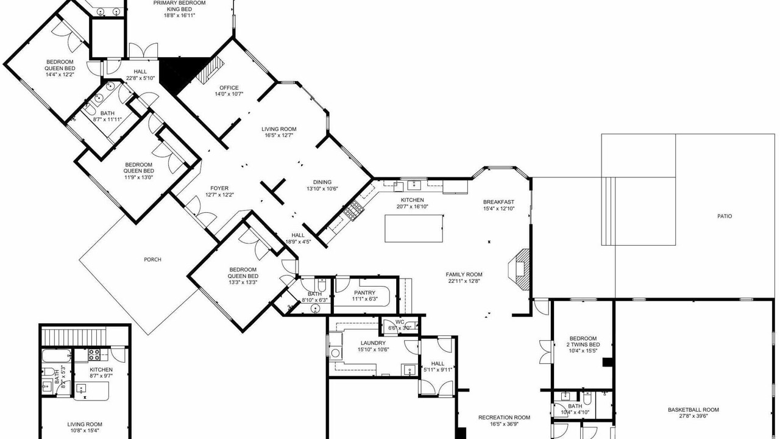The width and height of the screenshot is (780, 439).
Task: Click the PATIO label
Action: coord(725,216)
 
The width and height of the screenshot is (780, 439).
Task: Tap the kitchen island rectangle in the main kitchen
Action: coord(414,229)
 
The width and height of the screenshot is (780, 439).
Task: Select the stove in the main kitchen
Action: coord(354,210)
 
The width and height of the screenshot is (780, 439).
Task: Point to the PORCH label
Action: coord(152,260)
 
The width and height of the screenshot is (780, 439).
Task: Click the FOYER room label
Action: coord(219,188)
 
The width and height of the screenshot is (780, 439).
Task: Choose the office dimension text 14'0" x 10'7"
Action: coord(229,94)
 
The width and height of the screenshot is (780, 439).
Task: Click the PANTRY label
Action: coord(364,293)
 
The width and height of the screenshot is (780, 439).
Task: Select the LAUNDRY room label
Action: coord(373,343)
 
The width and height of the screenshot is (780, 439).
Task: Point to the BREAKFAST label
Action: coord(498,202)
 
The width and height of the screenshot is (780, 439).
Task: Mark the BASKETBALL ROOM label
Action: coord(693,410)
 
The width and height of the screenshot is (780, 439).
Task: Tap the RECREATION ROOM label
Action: coord(504,418)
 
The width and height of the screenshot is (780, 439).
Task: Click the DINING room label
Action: coord(322,182)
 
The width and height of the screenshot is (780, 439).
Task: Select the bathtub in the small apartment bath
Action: coord(57,356)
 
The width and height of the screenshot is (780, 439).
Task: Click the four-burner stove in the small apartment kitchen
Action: coord(94,355)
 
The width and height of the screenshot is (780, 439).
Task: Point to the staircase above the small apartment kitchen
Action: coord(74,335)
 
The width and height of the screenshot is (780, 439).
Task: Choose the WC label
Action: coord(400,322)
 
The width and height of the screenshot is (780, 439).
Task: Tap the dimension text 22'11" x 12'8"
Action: coord(464,281)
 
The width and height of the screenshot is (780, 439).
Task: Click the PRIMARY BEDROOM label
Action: coord(180,3)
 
